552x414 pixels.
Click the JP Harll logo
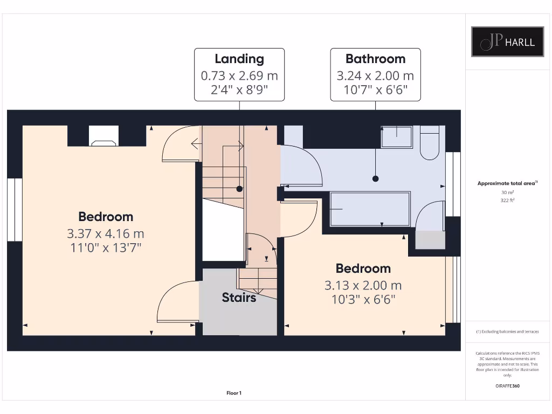point(507,42)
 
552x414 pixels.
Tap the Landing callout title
point(239,59)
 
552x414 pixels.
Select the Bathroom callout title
point(375,59)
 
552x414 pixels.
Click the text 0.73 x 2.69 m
point(239,76)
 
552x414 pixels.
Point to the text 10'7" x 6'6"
point(375,90)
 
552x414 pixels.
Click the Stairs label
point(239,297)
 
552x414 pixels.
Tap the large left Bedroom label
point(106,217)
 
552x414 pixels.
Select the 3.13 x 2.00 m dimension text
point(363,285)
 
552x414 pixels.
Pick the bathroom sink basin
point(397,137)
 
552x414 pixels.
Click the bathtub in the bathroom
point(369,209)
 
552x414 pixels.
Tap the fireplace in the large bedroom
point(103,137)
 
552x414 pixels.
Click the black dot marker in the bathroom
point(376,178)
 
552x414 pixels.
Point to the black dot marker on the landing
point(239,189)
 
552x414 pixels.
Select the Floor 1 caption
point(234,393)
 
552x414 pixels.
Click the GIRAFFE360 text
point(507,386)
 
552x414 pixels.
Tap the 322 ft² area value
point(507,199)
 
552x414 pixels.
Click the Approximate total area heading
point(507,183)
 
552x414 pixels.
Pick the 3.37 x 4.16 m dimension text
point(106,234)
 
